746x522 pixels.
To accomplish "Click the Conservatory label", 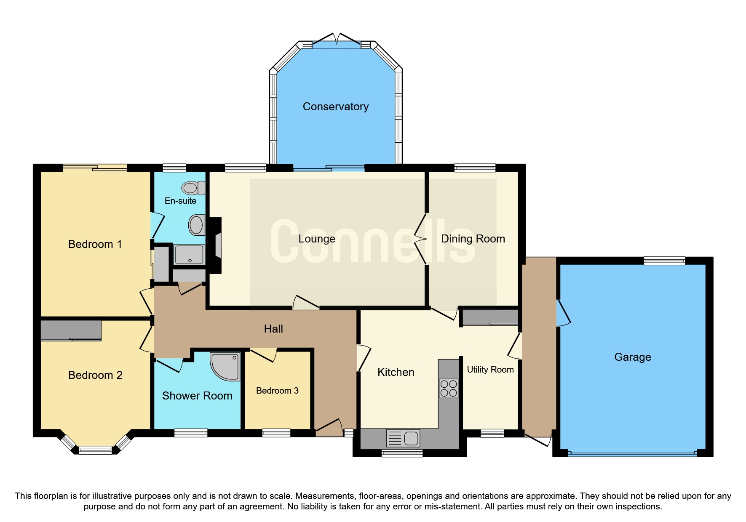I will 335,107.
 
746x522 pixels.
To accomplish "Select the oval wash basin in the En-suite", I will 196,225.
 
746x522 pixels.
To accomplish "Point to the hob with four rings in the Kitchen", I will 448,389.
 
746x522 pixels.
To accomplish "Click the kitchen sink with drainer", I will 403,438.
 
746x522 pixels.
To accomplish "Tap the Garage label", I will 632,357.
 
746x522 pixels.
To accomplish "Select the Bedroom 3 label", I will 277,391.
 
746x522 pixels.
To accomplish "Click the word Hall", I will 273,329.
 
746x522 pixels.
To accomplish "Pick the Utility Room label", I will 490,370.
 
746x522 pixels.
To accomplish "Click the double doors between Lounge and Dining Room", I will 421,239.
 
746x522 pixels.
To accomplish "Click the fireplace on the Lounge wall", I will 217,246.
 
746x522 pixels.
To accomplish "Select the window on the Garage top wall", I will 664,261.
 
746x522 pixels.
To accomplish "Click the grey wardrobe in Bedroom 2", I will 71,330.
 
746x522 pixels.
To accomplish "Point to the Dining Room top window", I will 475,168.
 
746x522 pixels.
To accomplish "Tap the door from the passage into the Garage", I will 563,312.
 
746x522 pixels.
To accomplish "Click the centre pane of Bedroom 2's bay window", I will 96,450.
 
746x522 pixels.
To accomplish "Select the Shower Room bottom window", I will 191,433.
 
